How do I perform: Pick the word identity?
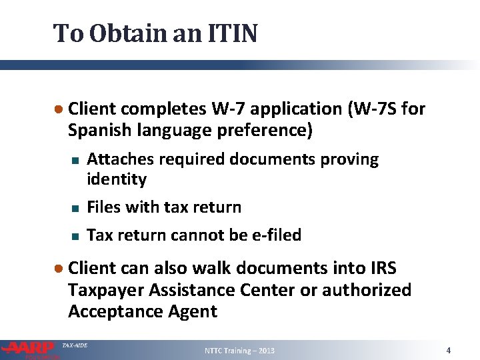tap(117, 179)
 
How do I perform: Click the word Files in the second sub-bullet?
tap(105, 207)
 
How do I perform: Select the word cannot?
tap(193, 235)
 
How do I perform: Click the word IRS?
tap(382, 268)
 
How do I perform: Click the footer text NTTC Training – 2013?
tap(239, 351)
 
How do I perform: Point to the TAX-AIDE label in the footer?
tap(74, 345)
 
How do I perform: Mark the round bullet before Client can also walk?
tap(59, 269)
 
